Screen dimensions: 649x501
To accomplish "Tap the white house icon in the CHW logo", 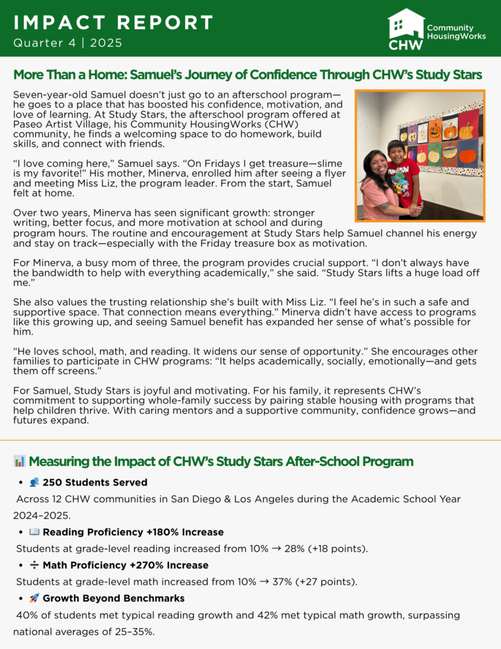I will (405, 23).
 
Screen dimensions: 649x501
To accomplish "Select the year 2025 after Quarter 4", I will (106, 43).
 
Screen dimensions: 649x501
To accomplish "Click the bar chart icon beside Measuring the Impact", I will (19, 461).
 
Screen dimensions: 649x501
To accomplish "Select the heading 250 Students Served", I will (94, 483).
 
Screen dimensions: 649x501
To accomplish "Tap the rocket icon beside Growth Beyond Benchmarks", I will (34, 598).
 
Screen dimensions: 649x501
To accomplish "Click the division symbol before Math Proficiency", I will (34, 565).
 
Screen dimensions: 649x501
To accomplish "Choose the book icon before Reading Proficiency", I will (34, 532).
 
